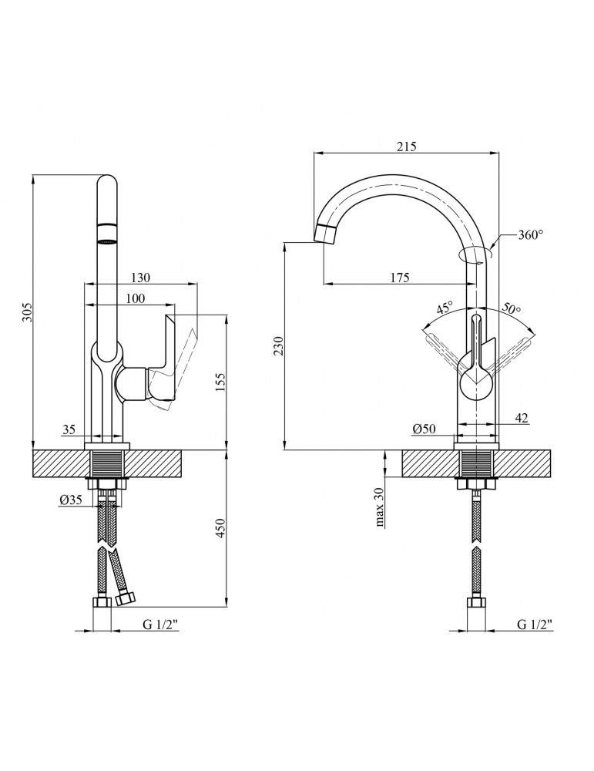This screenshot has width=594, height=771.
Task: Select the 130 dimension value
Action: (141, 278)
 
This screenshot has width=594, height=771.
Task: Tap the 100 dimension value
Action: (134, 298)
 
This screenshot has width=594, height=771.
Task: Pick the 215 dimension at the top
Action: (406, 147)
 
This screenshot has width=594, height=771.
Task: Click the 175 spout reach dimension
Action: (398, 278)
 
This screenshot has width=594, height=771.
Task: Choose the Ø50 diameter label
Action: (425, 430)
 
